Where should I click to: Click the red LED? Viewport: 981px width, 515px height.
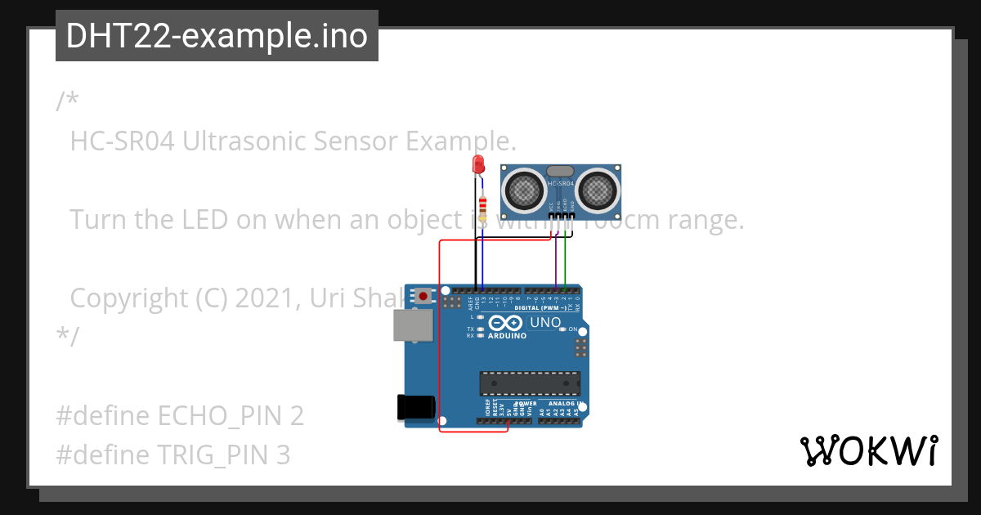(478, 164)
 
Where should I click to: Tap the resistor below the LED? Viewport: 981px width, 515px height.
(482, 204)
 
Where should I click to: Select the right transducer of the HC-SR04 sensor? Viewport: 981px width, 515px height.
(598, 190)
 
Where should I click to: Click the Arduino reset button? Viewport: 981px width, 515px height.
(423, 295)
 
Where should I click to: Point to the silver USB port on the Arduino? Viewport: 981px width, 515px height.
(408, 325)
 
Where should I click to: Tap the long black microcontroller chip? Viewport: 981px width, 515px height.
(530, 383)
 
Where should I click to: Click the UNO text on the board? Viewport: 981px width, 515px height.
(545, 322)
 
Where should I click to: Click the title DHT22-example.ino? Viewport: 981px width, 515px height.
(217, 36)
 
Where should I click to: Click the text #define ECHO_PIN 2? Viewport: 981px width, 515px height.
(180, 416)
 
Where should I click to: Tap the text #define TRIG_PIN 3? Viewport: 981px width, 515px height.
(172, 455)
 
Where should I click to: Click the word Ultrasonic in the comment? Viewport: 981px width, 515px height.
(237, 141)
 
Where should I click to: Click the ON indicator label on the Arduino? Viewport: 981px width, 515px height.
(573, 329)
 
